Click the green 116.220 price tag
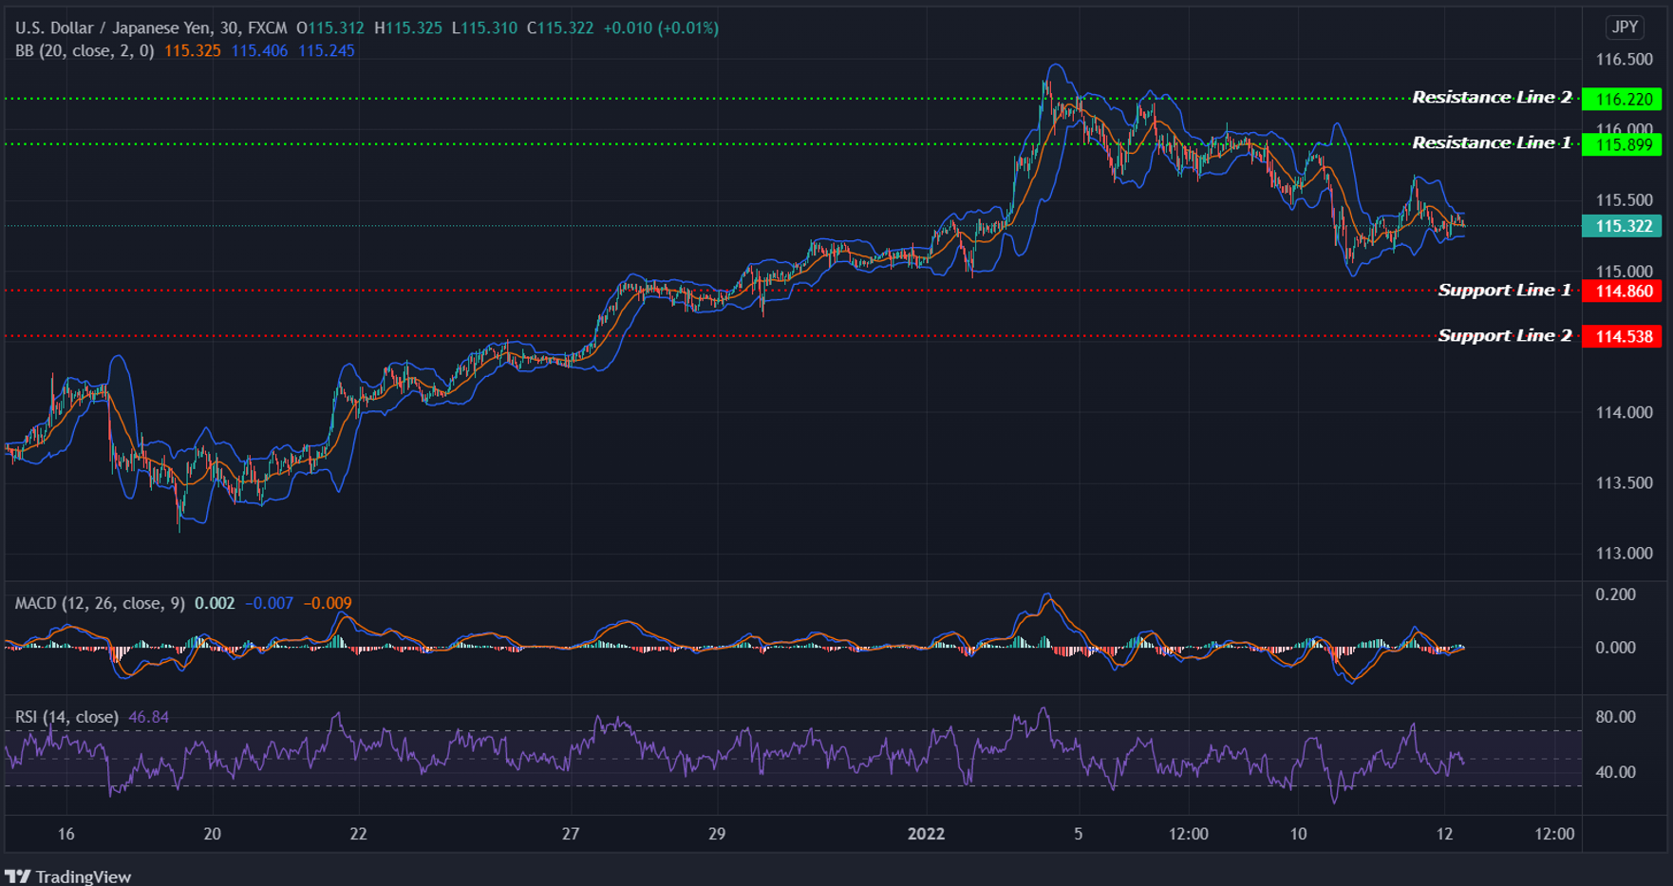click(x=1623, y=99)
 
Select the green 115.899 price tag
click(x=1623, y=144)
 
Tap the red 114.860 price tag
click(x=1623, y=291)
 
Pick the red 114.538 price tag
click(x=1623, y=336)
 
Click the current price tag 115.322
click(x=1623, y=226)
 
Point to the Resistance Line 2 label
click(x=1491, y=98)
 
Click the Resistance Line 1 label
click(x=1491, y=143)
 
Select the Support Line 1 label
click(x=1504, y=291)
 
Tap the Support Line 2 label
click(x=1504, y=336)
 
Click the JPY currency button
click(x=1625, y=27)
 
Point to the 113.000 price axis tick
click(x=1624, y=553)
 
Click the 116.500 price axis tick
click(x=1624, y=59)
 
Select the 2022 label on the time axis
click(x=926, y=834)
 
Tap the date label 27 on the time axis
click(x=570, y=834)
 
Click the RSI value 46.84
click(x=148, y=717)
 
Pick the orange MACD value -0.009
click(x=328, y=603)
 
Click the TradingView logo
click(x=68, y=876)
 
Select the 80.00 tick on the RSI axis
click(x=1615, y=717)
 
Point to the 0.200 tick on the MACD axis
click(x=1615, y=594)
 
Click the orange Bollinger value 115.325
click(x=193, y=50)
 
